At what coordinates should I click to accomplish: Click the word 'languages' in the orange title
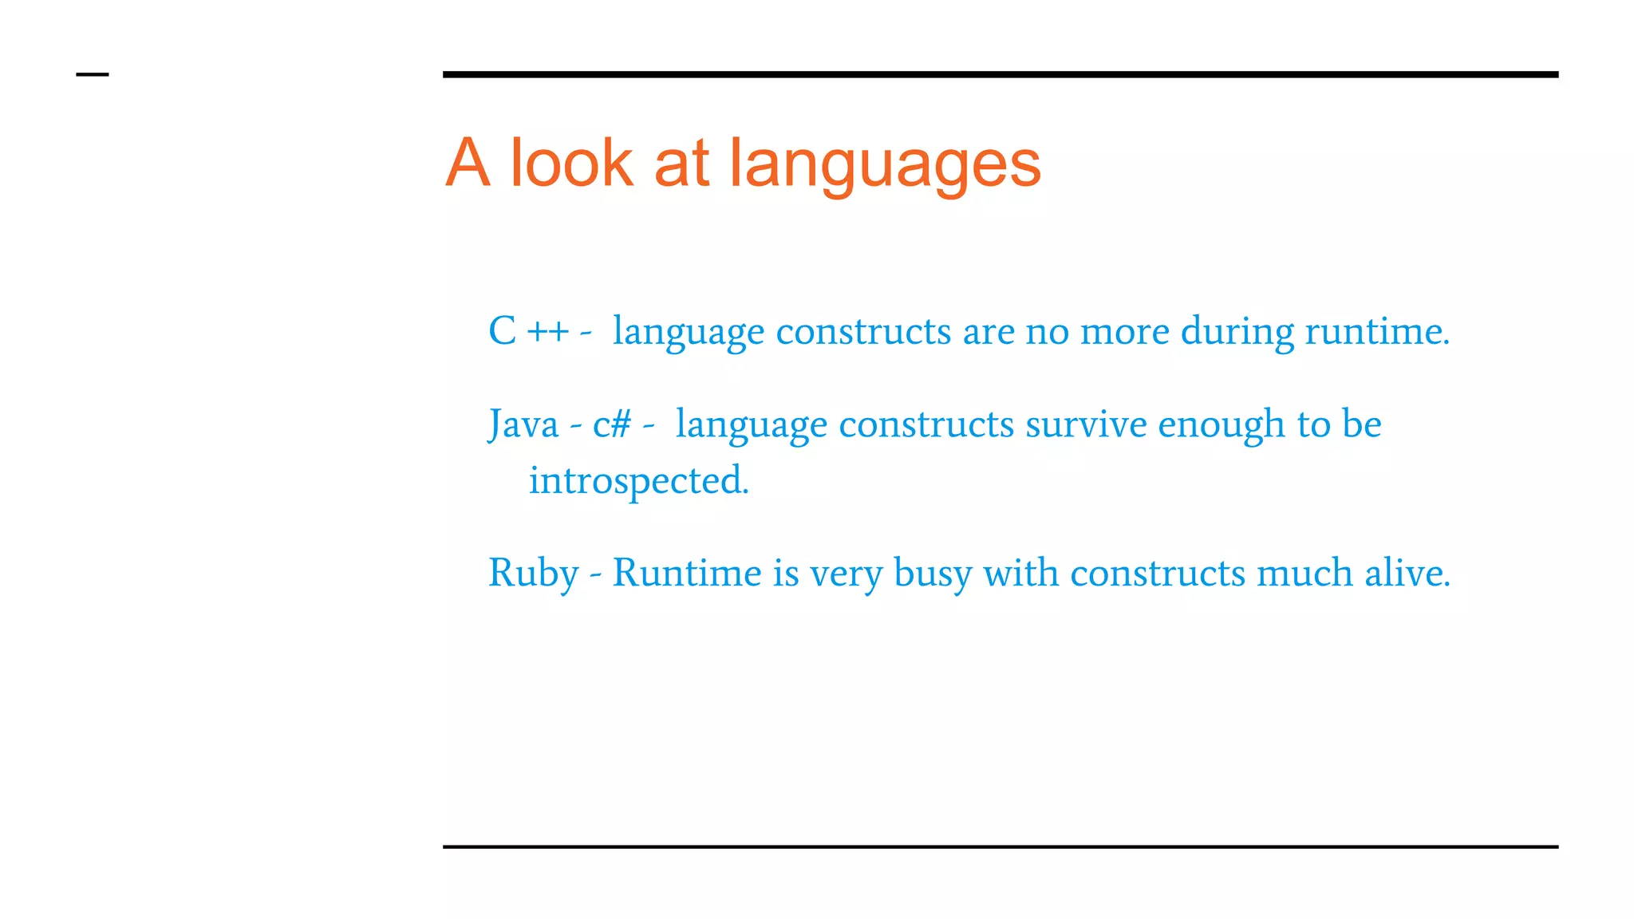tap(885, 164)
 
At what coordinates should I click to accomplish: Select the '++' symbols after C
tap(548, 331)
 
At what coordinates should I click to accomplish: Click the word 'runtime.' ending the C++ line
tap(1376, 331)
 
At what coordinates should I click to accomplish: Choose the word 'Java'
tap(523, 424)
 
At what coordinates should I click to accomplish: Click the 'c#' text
tap(612, 424)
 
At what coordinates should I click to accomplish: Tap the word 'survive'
tap(1086, 424)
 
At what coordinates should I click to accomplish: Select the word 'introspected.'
tap(639, 480)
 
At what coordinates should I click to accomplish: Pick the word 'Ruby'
tap(533, 574)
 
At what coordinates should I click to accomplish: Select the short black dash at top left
tap(92, 74)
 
